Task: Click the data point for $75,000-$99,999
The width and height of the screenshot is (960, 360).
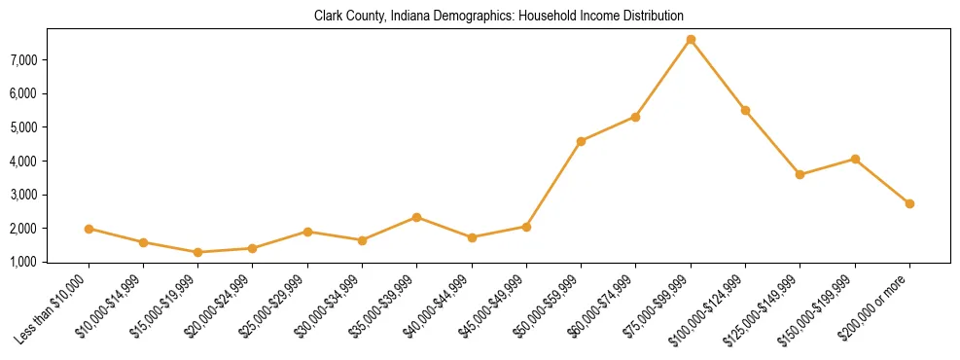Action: [691, 40]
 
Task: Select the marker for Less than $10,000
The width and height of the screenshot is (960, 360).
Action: [89, 229]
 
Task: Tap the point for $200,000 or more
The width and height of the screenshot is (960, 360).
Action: [909, 203]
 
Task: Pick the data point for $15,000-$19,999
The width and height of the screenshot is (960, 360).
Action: [198, 252]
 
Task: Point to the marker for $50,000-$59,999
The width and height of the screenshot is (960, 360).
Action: [581, 141]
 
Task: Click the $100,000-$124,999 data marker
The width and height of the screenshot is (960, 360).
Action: [745, 110]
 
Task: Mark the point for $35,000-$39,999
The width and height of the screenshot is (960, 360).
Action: [417, 217]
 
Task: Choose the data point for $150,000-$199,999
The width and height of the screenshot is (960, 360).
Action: [855, 159]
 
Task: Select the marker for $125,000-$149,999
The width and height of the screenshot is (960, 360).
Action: [800, 174]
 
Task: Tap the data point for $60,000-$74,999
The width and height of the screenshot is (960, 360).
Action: [635, 117]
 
